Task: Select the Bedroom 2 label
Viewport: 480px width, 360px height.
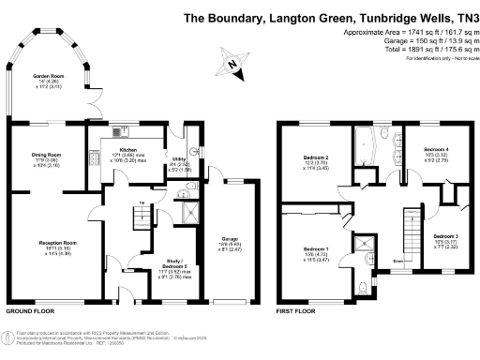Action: [316, 157]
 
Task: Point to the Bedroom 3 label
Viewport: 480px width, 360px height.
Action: [445, 236]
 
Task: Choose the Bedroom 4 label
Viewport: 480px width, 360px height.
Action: [436, 149]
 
